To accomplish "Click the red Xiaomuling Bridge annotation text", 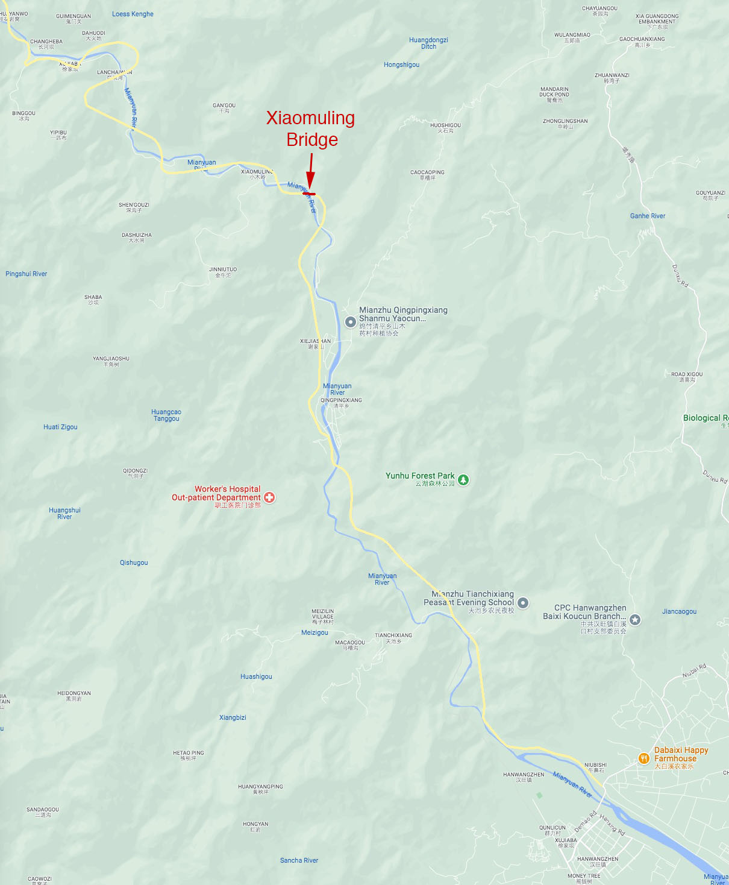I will pos(311,128).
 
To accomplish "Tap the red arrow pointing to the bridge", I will pos(310,172).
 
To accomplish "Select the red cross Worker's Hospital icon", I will pos(269,497).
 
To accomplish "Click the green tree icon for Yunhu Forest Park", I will pos(463,480).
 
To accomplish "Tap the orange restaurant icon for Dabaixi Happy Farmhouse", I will pos(643,758).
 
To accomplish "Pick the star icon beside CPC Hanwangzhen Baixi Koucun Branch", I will pos(635,620).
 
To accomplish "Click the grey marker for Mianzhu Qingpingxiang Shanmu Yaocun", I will pos(350,322).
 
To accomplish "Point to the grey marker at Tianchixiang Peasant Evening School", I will pos(523,603).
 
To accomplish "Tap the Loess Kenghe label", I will pos(133,14).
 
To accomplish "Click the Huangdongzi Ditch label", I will pos(428,43).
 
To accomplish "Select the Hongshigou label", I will pos(401,65).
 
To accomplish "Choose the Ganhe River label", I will pos(648,216).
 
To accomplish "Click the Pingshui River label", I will pos(27,274).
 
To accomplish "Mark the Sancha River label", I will pos(299,860).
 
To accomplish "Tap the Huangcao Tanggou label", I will pos(166,415).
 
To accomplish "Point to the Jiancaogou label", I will pos(679,611).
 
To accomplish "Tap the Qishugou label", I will pos(134,562).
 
